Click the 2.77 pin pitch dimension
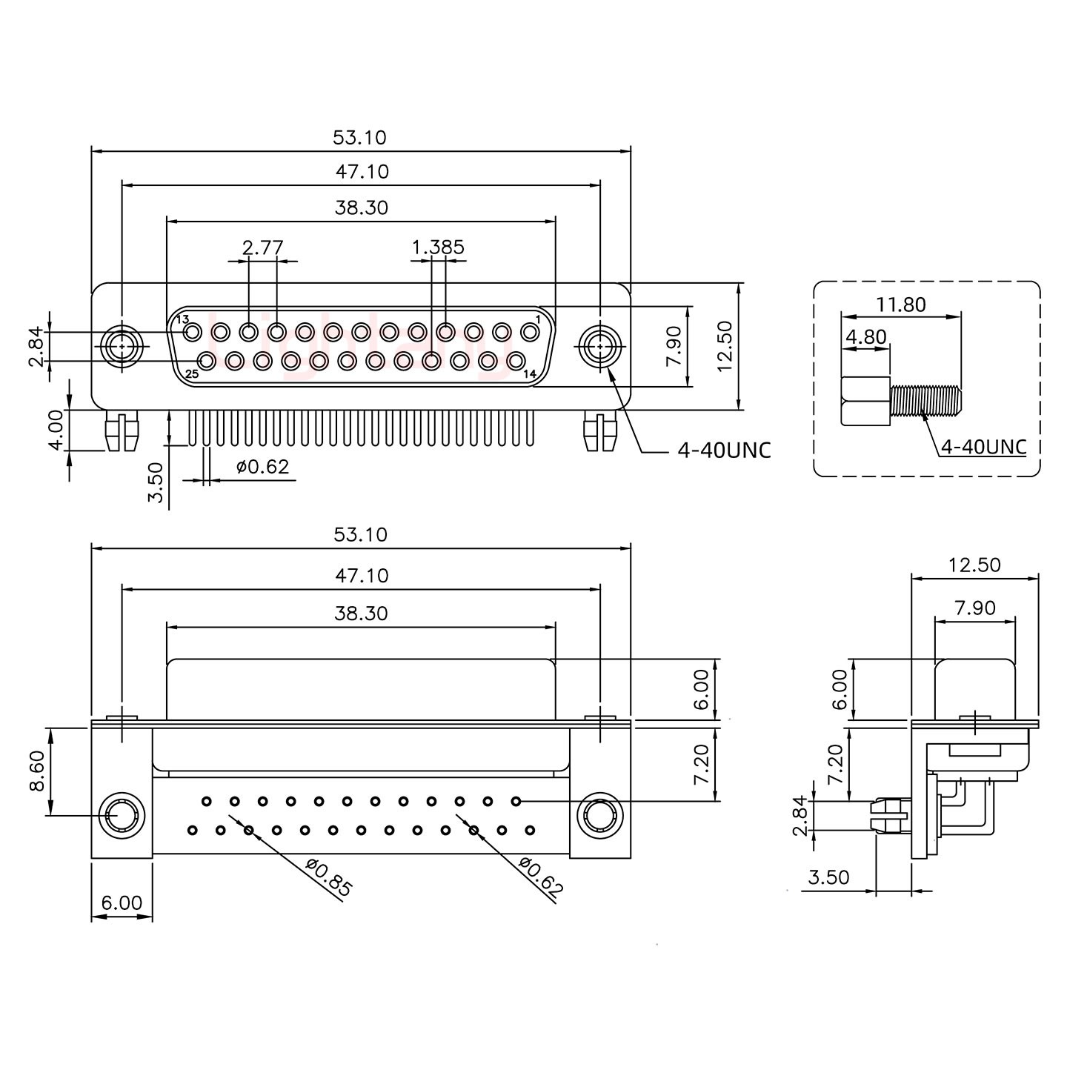[x=263, y=247]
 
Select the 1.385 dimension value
[x=438, y=247]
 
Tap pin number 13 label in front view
[x=183, y=319]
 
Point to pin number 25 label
[x=192, y=374]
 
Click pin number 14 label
[x=530, y=374]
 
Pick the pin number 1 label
[x=537, y=319]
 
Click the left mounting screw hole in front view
[x=120, y=346]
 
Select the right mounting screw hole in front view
[x=599, y=346]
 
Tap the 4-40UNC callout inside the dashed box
[x=983, y=447]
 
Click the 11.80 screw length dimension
[x=901, y=305]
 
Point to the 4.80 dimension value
[x=865, y=338]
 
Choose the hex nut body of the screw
[x=865, y=401]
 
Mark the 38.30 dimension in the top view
[x=361, y=207]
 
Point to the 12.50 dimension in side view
[x=974, y=565]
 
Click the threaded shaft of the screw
[x=925, y=401]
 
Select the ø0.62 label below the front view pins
[x=262, y=467]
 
